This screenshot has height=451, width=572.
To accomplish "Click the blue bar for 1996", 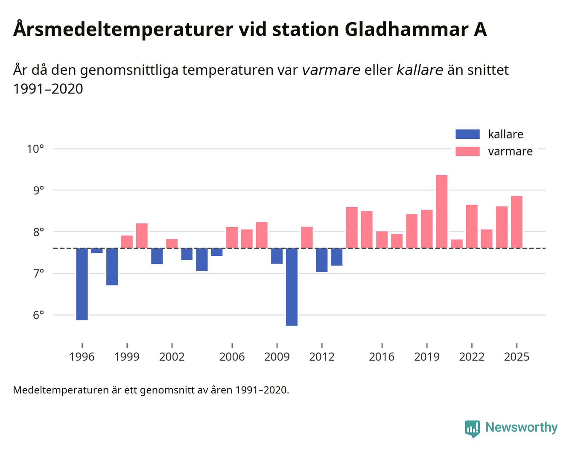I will pyautogui.click(x=82, y=284).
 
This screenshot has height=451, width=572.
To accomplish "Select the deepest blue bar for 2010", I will pyautogui.click(x=292, y=287).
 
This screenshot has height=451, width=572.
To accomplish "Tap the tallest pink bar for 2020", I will pyautogui.click(x=441, y=211).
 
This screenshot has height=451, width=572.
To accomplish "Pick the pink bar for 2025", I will pyautogui.click(x=517, y=222).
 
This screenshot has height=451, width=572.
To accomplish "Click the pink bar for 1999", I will pyautogui.click(x=127, y=242).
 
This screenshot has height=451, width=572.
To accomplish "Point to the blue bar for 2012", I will pyautogui.click(x=321, y=260).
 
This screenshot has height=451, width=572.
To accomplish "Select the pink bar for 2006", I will pyautogui.click(x=232, y=237).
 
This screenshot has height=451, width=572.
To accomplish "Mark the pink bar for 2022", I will pyautogui.click(x=472, y=226).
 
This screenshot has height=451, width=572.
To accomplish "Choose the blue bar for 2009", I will pyautogui.click(x=277, y=256).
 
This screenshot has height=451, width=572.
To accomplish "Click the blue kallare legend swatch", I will pyautogui.click(x=467, y=134).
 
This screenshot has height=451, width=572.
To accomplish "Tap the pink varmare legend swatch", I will pyautogui.click(x=467, y=151).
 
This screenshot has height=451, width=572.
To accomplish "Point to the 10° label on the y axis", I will pyautogui.click(x=35, y=149).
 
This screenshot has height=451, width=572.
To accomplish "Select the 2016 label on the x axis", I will pyautogui.click(x=382, y=357).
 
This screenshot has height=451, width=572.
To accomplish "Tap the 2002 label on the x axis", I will pyautogui.click(x=172, y=357).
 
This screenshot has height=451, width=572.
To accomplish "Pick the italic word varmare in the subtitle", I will pyautogui.click(x=331, y=70).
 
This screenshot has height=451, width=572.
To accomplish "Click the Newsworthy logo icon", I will pyautogui.click(x=472, y=428).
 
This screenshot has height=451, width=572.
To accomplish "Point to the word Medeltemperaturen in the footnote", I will pyautogui.click(x=61, y=390).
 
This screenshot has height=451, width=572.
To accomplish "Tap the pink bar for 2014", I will pyautogui.click(x=352, y=228).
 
